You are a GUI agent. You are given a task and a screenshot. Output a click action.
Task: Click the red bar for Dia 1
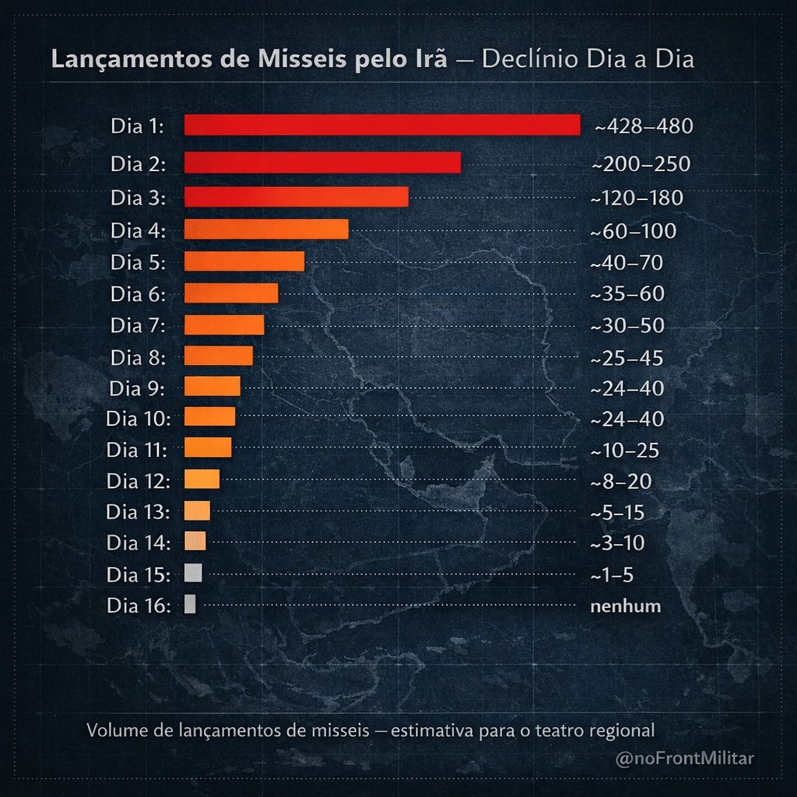382,125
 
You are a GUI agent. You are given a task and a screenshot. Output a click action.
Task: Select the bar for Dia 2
322,163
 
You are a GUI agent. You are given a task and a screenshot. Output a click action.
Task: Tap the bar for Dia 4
266,230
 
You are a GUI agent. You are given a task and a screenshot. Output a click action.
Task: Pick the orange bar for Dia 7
224,325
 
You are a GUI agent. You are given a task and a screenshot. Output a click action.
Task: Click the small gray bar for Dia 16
190,605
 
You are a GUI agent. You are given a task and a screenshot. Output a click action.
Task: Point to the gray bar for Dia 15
193,573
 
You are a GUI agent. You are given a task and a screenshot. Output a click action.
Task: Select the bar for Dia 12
202,479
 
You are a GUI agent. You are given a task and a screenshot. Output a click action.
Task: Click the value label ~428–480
643,126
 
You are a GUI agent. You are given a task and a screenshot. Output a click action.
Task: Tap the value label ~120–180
637,198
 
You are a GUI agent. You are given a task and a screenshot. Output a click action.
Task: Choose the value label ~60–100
633,232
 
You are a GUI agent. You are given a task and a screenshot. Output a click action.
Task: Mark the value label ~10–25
625,451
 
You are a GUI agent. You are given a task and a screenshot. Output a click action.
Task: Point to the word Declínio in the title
528,60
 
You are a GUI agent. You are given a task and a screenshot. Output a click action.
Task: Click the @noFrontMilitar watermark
685,758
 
